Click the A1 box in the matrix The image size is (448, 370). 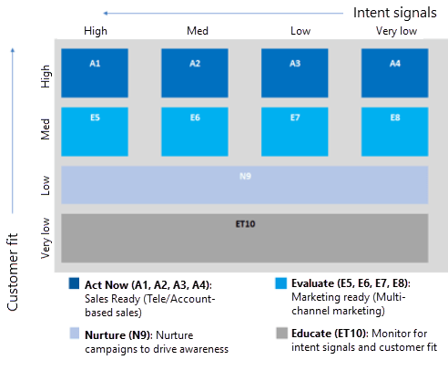[95, 73]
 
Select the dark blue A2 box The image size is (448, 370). [195, 73]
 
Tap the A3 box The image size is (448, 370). [295, 73]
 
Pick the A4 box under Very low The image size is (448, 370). [394, 73]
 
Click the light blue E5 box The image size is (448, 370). [95, 131]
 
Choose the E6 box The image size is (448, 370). [195, 131]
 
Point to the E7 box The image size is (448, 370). [295, 131]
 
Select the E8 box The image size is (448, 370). [394, 131]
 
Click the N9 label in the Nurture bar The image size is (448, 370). [245, 176]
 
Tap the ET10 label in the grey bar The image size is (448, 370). [245, 224]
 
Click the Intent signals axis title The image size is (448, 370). [395, 13]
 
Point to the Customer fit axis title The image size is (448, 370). [13, 272]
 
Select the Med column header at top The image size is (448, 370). [198, 31]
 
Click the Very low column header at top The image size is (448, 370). [396, 31]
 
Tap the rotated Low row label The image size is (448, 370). [46, 185]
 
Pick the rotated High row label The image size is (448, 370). [46, 77]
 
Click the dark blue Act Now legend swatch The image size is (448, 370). [74, 283]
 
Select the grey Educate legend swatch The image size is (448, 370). [281, 333]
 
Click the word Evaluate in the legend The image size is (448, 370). [312, 283]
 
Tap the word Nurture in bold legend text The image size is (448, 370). [105, 335]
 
